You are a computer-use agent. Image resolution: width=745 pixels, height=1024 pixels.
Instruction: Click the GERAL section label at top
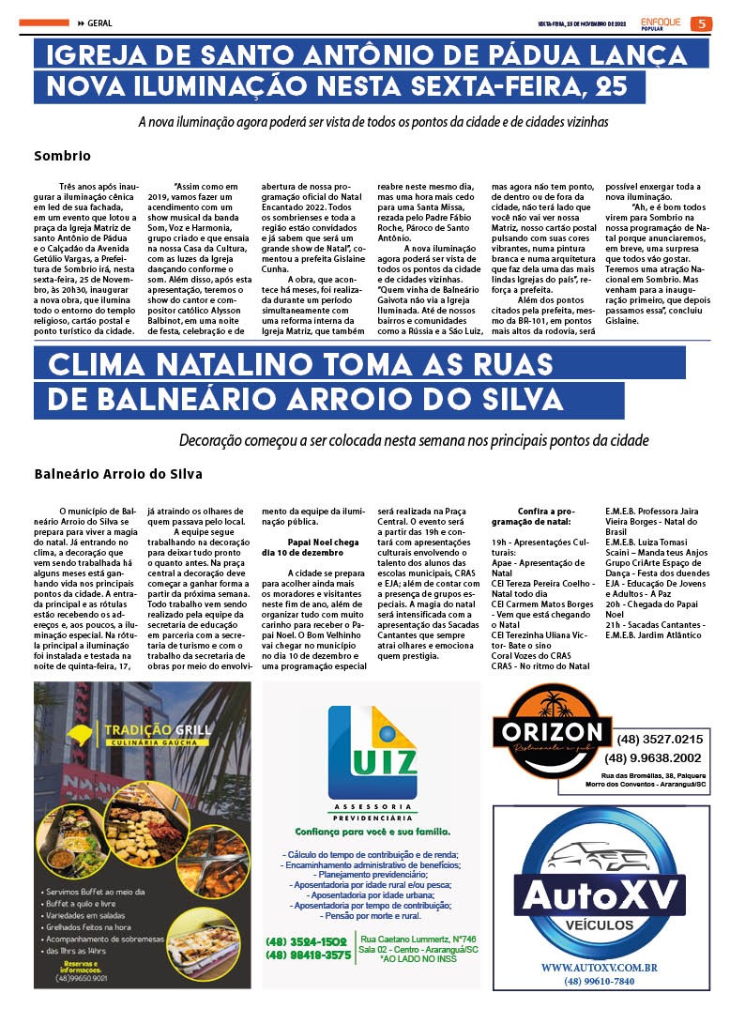pyautogui.click(x=99, y=23)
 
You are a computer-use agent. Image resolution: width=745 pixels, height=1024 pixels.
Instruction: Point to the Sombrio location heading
pyautogui.click(x=62, y=156)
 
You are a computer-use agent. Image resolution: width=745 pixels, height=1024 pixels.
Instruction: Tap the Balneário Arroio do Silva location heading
pyautogui.click(x=118, y=474)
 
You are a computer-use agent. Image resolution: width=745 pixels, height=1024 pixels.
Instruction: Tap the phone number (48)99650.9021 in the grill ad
pyautogui.click(x=84, y=978)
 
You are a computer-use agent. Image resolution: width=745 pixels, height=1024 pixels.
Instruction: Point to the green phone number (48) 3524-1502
pyautogui.click(x=307, y=941)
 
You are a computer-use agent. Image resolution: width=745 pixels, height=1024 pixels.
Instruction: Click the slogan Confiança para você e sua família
pyautogui.click(x=372, y=832)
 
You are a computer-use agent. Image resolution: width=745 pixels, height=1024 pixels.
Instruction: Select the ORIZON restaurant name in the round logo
pyautogui.click(x=552, y=731)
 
